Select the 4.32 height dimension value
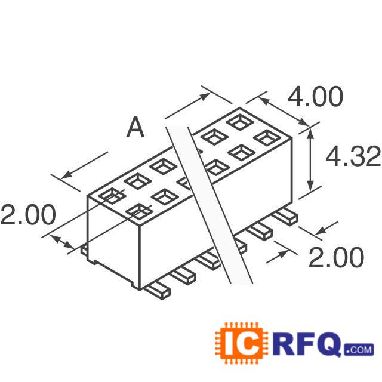tap(352, 156)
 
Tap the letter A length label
tap(135, 128)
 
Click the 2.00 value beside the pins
tap(335, 258)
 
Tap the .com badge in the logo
tap(358, 349)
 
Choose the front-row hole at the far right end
tap(266, 137)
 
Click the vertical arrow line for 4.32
tap(310, 158)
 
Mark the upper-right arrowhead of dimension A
tap(204, 94)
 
